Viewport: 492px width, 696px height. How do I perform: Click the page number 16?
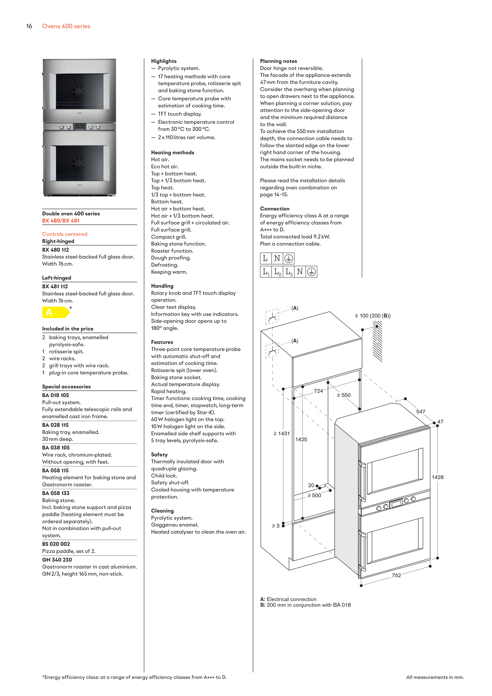[x=29, y=26]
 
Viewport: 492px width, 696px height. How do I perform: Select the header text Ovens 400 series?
[x=66, y=26]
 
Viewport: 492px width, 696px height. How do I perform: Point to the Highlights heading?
[x=164, y=61]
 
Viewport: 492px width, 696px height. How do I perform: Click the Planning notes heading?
[x=278, y=61]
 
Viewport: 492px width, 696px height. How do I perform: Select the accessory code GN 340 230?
[x=57, y=560]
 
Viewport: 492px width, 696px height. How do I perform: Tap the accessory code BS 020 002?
[x=56, y=544]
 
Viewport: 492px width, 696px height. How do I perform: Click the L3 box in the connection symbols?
[x=289, y=272]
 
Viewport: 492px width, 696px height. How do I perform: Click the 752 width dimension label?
[x=396, y=575]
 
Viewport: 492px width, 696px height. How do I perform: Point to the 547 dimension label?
[x=420, y=412]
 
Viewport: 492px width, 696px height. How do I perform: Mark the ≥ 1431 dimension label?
[x=282, y=434]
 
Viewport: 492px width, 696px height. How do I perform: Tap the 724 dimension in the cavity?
[x=318, y=391]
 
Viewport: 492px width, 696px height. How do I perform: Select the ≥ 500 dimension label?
[x=314, y=495]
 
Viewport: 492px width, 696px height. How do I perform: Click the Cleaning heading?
[x=162, y=511]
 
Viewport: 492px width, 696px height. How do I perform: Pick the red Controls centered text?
[x=65, y=234]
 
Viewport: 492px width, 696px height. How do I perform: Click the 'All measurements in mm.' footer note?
[x=435, y=677]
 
